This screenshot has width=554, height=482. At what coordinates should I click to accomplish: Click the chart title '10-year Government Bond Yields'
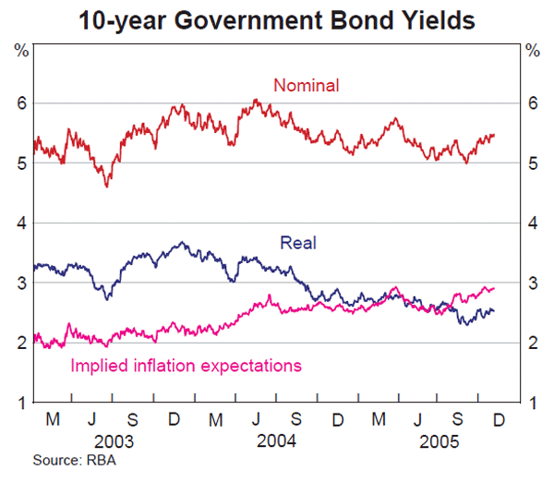point(277,18)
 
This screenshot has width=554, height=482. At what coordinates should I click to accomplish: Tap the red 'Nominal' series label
point(307,86)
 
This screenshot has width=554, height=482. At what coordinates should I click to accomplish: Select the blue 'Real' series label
point(297,243)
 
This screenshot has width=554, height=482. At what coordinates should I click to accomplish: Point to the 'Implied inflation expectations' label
point(187,366)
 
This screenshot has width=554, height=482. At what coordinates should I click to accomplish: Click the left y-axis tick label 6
point(20,103)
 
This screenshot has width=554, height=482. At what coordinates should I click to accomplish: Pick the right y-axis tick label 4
point(533,223)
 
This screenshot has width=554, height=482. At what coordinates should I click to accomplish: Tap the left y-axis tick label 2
point(20,343)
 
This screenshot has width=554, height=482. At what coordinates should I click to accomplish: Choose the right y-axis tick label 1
point(533,403)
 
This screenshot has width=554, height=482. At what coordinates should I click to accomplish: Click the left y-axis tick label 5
point(20,163)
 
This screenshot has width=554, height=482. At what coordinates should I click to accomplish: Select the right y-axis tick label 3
point(533,283)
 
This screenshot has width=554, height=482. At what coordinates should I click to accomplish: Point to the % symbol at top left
point(20,49)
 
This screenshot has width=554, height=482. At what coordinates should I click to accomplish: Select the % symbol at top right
point(533,49)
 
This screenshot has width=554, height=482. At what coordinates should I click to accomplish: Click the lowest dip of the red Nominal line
point(107,187)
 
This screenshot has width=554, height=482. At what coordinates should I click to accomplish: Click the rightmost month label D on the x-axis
point(499,419)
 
